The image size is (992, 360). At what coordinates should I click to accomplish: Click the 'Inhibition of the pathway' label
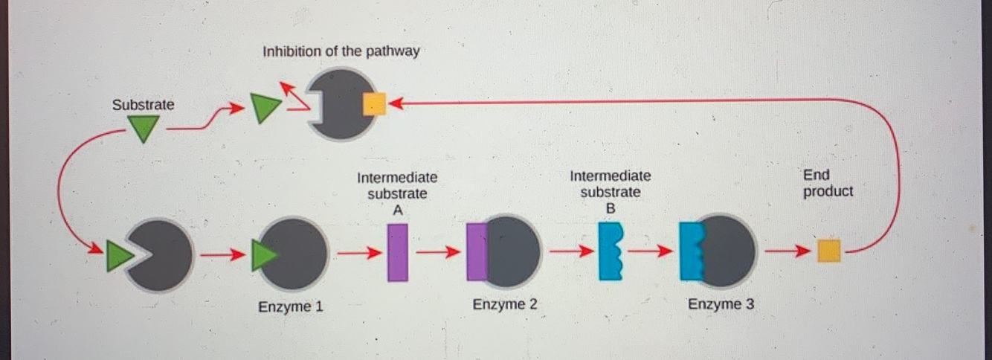coord(341,52)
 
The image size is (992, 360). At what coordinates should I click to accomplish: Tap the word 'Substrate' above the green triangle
coord(143,105)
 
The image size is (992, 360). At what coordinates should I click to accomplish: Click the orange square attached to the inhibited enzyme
coord(373,104)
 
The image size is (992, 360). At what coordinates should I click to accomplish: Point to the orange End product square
coord(828,251)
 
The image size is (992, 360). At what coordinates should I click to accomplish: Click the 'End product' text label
coord(828,184)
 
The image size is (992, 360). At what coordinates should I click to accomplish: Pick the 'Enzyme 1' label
coord(290,306)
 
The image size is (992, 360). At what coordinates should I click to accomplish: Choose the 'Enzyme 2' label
coord(505,305)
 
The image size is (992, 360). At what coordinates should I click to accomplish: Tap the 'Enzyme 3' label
coord(721,304)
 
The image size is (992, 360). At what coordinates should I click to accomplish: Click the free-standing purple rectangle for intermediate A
coord(398,252)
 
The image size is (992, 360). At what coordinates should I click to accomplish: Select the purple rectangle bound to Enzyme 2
coord(477,252)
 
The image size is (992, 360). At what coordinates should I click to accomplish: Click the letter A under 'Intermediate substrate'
coord(398,210)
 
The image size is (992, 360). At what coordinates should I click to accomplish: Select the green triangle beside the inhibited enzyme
coord(261,109)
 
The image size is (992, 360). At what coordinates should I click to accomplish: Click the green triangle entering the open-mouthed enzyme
coord(117,256)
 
